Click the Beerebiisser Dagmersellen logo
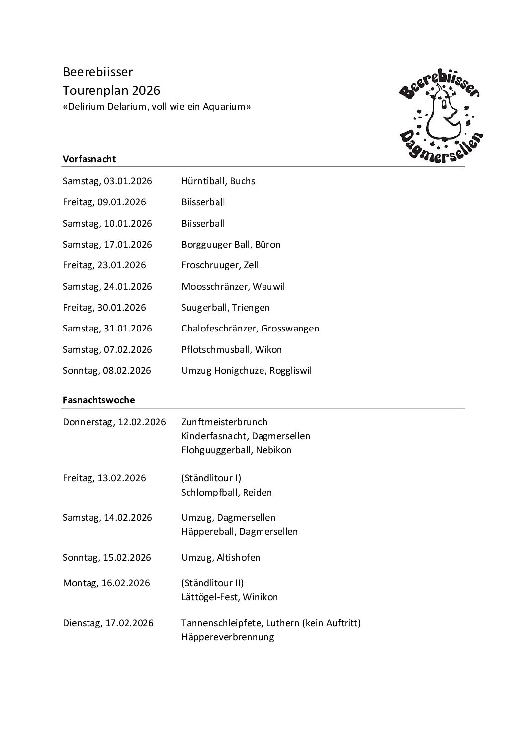[440, 115]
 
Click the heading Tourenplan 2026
[111, 90]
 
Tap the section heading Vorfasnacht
[89, 159]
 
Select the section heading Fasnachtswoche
[99, 399]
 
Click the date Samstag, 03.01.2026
[107, 181]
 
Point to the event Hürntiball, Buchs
[218, 181]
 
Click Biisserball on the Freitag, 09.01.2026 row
[203, 202]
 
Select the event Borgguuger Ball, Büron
[231, 244]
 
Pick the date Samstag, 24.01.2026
[107, 286]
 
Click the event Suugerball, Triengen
[225, 307]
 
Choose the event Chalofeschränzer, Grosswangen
[250, 328]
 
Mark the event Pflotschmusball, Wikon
[232, 349]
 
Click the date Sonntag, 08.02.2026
[107, 370]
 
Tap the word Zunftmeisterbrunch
[225, 422]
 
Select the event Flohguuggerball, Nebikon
[237, 450]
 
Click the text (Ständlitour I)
[211, 478]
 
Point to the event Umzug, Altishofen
[221, 557]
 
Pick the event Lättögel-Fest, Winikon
[230, 597]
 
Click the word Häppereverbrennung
[228, 637]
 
